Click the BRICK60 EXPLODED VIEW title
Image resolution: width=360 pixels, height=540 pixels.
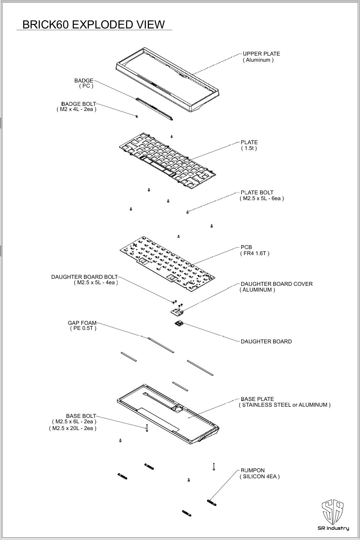[x=94, y=25]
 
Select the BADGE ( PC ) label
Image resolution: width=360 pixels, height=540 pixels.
[x=84, y=83]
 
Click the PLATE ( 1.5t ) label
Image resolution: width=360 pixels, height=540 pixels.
[x=249, y=145]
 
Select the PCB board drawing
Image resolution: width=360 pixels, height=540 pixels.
[x=167, y=264]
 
